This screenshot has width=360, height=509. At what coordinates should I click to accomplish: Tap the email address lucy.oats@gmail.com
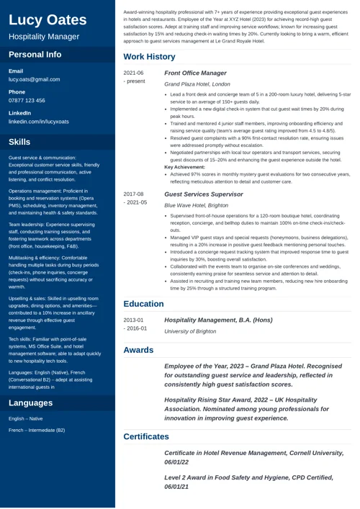pyautogui.click(x=34, y=79)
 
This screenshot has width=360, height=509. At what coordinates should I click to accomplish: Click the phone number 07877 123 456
pyautogui.click(x=27, y=100)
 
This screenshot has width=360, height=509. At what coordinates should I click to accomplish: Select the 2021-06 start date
pyautogui.click(x=133, y=73)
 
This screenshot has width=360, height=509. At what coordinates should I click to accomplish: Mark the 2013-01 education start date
pyautogui.click(x=133, y=319)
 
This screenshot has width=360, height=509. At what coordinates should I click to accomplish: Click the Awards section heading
pyautogui.click(x=138, y=350)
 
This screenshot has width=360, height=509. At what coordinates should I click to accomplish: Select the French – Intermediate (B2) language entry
pyautogui.click(x=37, y=430)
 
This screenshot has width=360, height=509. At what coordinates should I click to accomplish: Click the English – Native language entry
pyautogui.click(x=26, y=418)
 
